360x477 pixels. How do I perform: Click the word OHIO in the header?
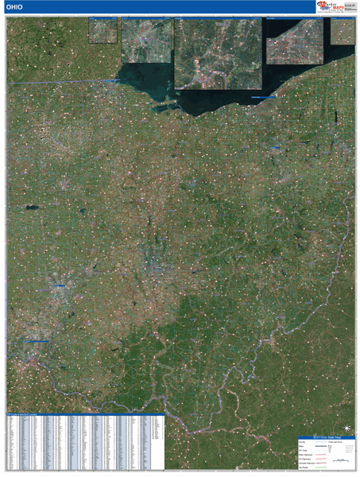[x=16, y=8]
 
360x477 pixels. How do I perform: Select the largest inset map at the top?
[x=218, y=52]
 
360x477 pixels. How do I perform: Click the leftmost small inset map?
[x=103, y=31]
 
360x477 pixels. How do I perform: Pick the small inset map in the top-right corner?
[x=342, y=31]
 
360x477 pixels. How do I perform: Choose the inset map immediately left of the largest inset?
[x=146, y=39]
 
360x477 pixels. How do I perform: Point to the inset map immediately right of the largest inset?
[x=294, y=41]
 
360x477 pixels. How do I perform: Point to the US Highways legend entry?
[x=304, y=458]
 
